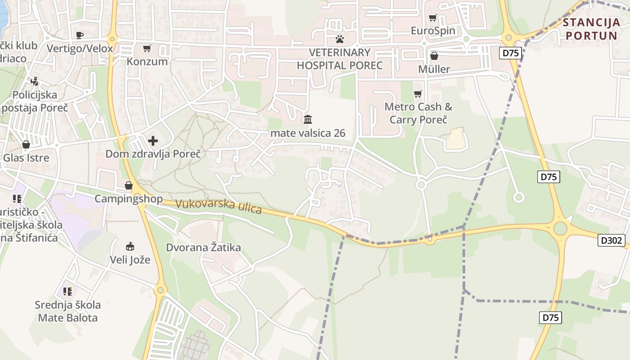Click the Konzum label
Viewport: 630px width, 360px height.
tap(147, 62)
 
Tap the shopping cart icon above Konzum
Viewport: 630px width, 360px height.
tap(147, 48)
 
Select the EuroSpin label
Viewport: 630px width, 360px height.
tap(433, 31)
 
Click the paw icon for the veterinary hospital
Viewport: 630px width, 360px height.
tap(340, 39)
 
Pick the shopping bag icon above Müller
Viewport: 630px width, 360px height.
tap(434, 56)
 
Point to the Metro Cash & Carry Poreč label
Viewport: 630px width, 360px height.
tap(418, 113)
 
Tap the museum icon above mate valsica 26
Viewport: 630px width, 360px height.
tap(308, 119)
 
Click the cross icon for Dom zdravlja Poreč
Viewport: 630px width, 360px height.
tap(153, 141)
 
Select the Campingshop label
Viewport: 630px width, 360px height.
tap(129, 199)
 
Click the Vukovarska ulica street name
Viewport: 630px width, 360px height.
tap(218, 207)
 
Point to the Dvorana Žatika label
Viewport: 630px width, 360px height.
tap(203, 247)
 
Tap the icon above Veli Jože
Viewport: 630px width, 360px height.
tap(130, 246)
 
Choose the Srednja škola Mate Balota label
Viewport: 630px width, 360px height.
tap(68, 311)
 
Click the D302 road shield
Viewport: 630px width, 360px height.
tap(612, 240)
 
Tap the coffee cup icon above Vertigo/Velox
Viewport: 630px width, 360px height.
tap(80, 35)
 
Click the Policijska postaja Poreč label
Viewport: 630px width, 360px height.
tap(35, 101)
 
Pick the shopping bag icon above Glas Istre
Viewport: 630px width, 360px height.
tap(26, 144)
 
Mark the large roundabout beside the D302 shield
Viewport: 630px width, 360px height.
tap(560, 229)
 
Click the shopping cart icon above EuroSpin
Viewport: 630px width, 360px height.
tap(433, 18)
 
